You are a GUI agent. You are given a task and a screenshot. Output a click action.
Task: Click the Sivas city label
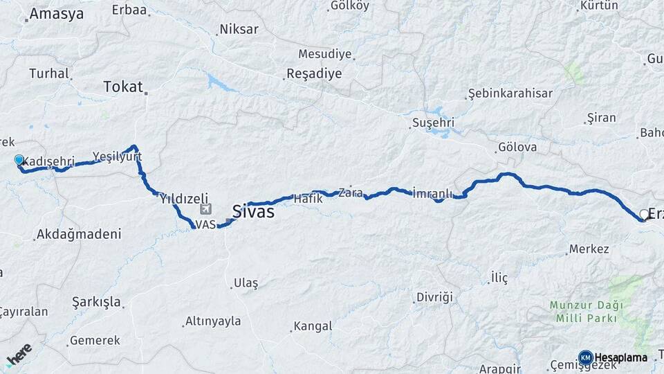click(252, 212)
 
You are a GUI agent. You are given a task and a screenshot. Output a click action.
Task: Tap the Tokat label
click(122, 87)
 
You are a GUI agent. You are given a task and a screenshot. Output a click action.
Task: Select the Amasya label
click(57, 13)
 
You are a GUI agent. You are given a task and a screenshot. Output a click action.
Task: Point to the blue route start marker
click(19, 160)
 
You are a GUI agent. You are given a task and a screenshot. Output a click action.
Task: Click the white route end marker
click(644, 215)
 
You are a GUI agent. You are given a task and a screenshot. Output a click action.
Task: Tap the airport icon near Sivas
click(205, 209)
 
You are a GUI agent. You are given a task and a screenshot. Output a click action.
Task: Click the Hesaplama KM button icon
click(585, 357)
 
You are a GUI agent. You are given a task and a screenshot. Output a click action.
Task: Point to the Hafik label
click(308, 199)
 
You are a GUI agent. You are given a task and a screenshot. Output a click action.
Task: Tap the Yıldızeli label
click(184, 198)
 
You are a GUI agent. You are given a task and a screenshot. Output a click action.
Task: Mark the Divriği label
click(434, 297)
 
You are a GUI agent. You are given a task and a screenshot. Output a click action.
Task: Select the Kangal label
click(313, 326)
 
